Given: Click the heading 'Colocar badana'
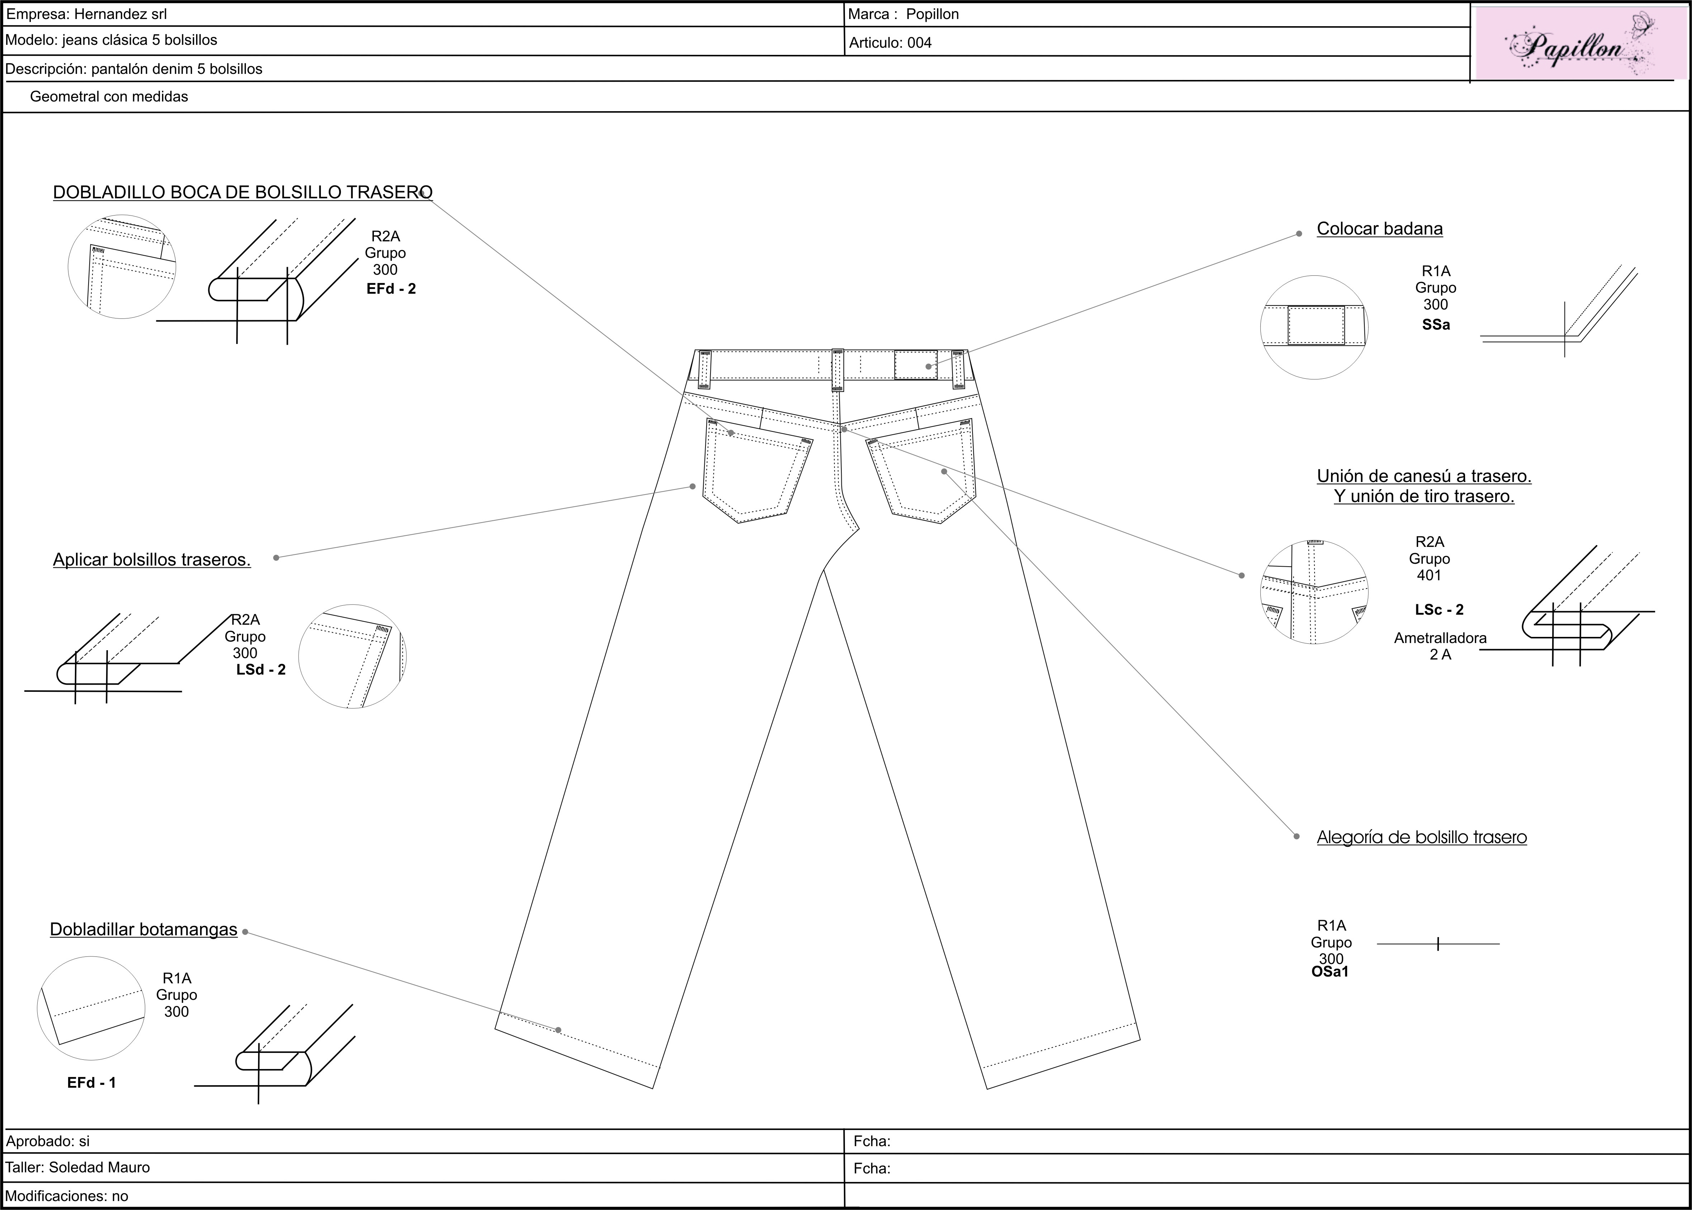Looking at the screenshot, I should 1379,229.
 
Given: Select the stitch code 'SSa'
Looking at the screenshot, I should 1436,325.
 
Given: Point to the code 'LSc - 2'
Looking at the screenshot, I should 1439,609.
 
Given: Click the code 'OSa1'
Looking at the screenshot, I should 1330,972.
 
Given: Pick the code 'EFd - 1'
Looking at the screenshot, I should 92,1083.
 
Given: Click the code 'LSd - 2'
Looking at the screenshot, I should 261,669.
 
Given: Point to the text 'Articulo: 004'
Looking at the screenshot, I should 890,42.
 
